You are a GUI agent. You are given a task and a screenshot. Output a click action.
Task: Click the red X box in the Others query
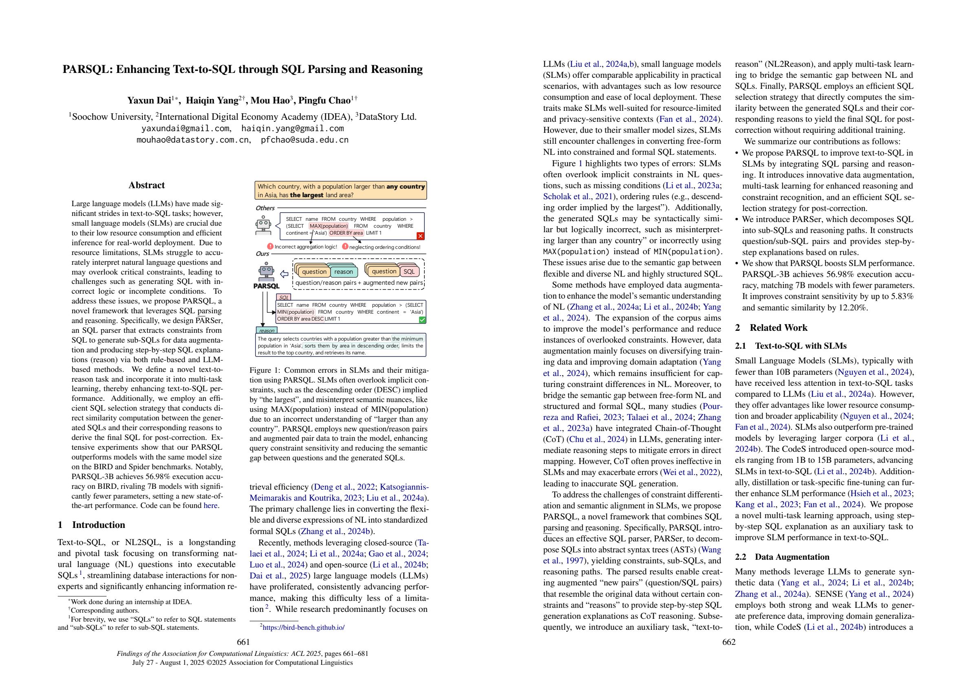tap(420, 236)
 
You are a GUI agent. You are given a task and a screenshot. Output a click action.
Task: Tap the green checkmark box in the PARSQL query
tap(422, 320)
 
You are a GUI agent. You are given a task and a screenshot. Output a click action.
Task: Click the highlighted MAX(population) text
tap(329, 226)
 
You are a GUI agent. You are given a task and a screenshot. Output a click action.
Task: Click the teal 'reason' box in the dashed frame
tap(343, 272)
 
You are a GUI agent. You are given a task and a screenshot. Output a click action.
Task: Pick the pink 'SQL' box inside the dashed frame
tap(409, 272)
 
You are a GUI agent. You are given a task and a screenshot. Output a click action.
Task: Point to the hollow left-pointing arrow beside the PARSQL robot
tap(285, 274)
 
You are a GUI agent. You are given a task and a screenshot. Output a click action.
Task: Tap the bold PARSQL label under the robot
tap(267, 286)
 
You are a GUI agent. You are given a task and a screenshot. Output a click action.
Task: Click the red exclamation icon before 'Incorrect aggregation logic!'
tap(270, 246)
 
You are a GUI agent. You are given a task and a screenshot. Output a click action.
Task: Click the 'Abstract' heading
tap(147, 185)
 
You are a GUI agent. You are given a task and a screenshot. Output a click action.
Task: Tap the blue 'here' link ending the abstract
tap(210, 506)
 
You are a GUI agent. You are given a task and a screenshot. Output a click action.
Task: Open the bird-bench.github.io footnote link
tap(303, 628)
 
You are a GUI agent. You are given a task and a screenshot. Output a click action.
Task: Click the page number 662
tap(729, 642)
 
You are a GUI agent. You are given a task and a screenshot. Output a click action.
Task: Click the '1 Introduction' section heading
tap(91, 525)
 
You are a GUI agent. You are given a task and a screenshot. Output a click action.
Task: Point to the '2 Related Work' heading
tap(771, 328)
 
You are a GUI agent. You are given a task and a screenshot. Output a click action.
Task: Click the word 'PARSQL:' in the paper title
tap(87, 69)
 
